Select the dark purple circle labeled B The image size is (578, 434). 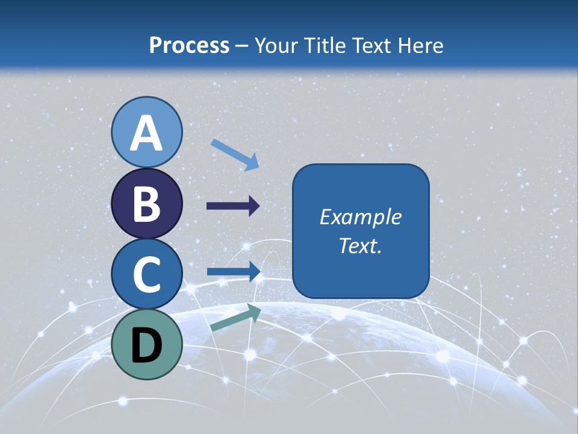pos(147,204)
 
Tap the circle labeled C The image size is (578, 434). pos(147,274)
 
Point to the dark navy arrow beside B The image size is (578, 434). pos(233,206)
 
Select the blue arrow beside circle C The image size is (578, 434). pos(233,272)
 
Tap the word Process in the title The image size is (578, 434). pos(189,45)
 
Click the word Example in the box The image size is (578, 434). pos(360,217)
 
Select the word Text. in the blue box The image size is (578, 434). pos(360,246)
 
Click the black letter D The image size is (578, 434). pos(147,345)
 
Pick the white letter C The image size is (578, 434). pos(147,274)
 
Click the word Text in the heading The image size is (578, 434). pos(368,45)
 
